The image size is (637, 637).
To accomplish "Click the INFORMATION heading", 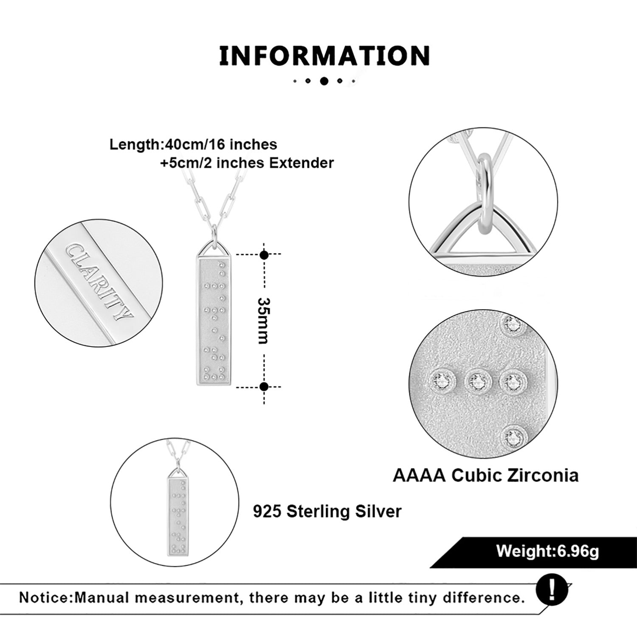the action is click(x=324, y=56).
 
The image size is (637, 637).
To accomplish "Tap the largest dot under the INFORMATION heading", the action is click(x=324, y=81).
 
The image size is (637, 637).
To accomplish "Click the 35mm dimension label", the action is click(x=263, y=321).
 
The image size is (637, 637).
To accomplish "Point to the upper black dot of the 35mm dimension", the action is click(x=264, y=255).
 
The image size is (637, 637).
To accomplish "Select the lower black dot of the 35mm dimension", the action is click(x=264, y=386).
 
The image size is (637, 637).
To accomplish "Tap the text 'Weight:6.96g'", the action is click(x=547, y=551).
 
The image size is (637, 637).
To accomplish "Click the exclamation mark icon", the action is click(x=552, y=590).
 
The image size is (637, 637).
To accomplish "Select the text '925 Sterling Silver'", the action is click(x=327, y=511).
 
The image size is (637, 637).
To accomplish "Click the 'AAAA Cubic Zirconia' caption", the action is click(x=485, y=475).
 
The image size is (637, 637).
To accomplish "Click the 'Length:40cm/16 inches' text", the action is click(x=193, y=144).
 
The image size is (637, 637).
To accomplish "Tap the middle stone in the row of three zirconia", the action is click(x=477, y=381).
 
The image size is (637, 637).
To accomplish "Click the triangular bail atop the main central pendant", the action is click(x=213, y=250).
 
